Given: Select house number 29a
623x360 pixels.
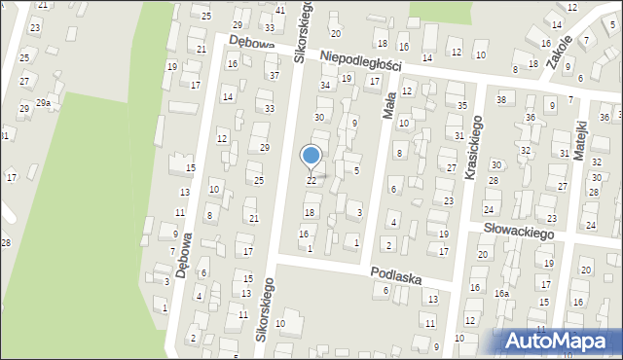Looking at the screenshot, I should tap(44, 102).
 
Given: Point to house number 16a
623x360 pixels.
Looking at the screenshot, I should tap(501, 293).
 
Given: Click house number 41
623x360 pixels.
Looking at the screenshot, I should tap(280, 10).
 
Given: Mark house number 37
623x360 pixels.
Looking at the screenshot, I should tap(274, 75).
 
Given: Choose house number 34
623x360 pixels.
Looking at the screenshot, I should tap(326, 85).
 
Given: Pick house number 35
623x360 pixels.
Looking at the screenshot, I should tap(462, 104).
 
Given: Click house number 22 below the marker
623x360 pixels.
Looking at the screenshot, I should tap(311, 181).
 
